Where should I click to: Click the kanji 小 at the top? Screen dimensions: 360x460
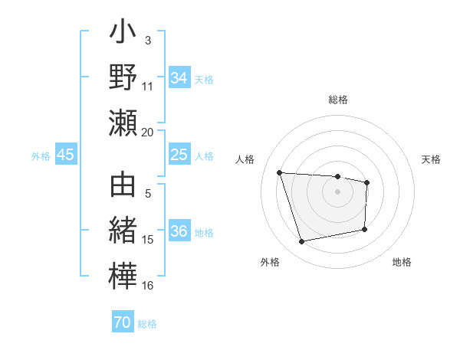pyautogui.click(x=123, y=35)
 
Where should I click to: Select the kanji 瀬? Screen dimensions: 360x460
pyautogui.click(x=123, y=123)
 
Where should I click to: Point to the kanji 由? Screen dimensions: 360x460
pyautogui.click(x=123, y=188)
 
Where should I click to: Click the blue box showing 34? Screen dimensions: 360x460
pyautogui.click(x=179, y=77)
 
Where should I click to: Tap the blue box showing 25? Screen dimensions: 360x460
pyautogui.click(x=179, y=155)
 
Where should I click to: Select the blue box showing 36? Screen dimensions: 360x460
pyautogui.click(x=179, y=231)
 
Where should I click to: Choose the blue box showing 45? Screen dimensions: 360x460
pyautogui.click(x=65, y=155)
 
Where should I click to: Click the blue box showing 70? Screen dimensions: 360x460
pyautogui.click(x=123, y=322)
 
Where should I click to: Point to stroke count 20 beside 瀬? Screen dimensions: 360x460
pyautogui.click(x=148, y=132)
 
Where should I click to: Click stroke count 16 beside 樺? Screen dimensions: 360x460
pyautogui.click(x=148, y=286)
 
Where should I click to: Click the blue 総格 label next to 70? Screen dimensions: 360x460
pyautogui.click(x=147, y=324)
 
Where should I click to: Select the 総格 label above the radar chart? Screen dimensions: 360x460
pyautogui.click(x=337, y=100)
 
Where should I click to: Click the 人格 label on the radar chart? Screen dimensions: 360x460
pyautogui.click(x=245, y=159)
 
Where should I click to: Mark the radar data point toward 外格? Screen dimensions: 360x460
pyautogui.click(x=302, y=242)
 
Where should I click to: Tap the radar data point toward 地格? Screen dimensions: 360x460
pyautogui.click(x=365, y=229)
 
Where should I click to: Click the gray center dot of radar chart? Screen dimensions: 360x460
pyautogui.click(x=337, y=191)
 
